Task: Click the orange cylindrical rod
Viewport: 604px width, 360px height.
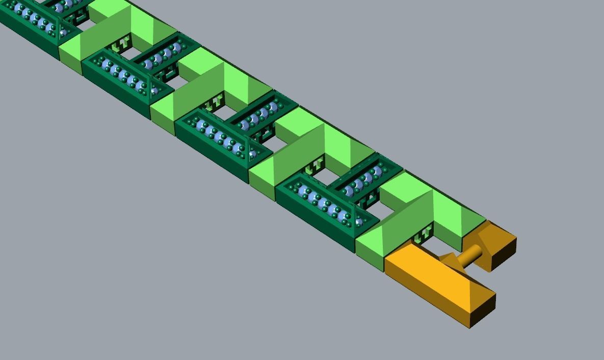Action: point(471,253)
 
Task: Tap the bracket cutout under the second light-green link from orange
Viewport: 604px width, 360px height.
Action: point(316,166)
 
